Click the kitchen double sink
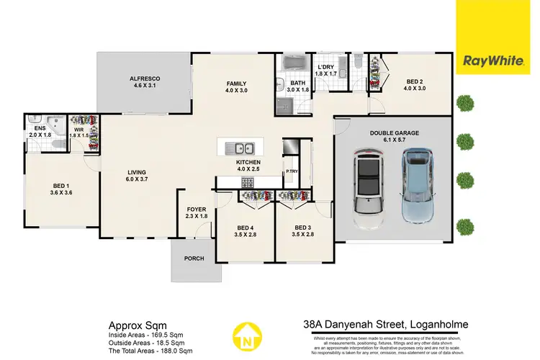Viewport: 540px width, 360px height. coord(238,148)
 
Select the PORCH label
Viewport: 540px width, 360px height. coord(194,258)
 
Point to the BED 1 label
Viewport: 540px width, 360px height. coord(61,189)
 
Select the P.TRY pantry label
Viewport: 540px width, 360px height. coord(292,172)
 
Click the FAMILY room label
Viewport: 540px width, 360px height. coord(237,87)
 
